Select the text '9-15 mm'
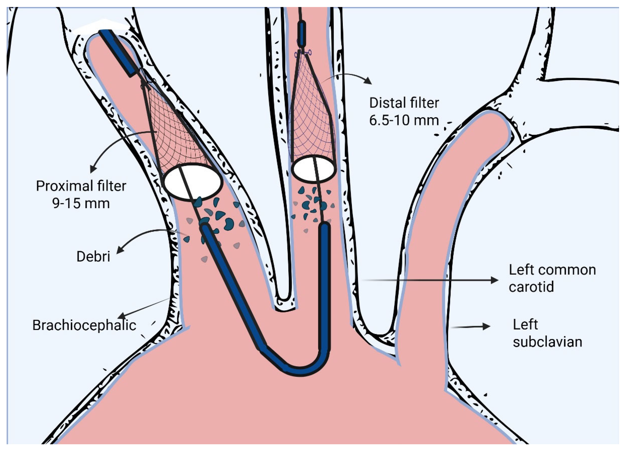pyautogui.click(x=81, y=204)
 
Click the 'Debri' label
pyautogui.click(x=93, y=257)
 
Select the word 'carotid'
pyautogui.click(x=531, y=286)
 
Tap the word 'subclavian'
pyautogui.click(x=547, y=342)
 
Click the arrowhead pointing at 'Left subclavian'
pyautogui.click(x=486, y=326)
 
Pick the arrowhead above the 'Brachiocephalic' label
pyautogui.click(x=122, y=316)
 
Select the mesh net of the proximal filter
pyautogui.click(x=177, y=138)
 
